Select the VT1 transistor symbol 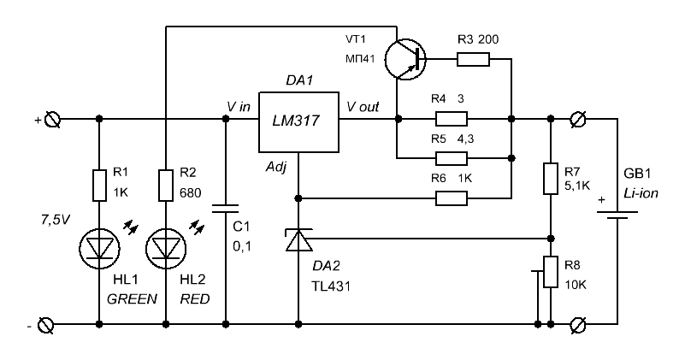pyautogui.click(x=405, y=59)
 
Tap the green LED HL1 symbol pyautogui.click(x=99, y=249)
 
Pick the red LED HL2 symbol pyautogui.click(x=166, y=249)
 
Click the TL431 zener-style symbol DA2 pyautogui.click(x=298, y=240)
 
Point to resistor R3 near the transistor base pyautogui.click(x=473, y=59)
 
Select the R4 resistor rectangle pyautogui.click(x=452, y=119)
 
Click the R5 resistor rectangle pyautogui.click(x=452, y=158)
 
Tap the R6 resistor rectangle pyautogui.click(x=452, y=198)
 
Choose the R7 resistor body pyautogui.click(x=551, y=178)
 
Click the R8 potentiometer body pyautogui.click(x=551, y=272)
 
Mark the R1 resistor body pyautogui.click(x=99, y=186)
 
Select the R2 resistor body pyautogui.click(x=166, y=186)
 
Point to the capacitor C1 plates pyautogui.click(x=226, y=209)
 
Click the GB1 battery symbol pyautogui.click(x=617, y=215)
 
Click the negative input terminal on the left pyautogui.click(x=46, y=325)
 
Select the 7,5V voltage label pyautogui.click(x=55, y=220)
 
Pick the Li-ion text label pyautogui.click(x=641, y=193)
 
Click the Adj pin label pyautogui.click(x=276, y=168)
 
